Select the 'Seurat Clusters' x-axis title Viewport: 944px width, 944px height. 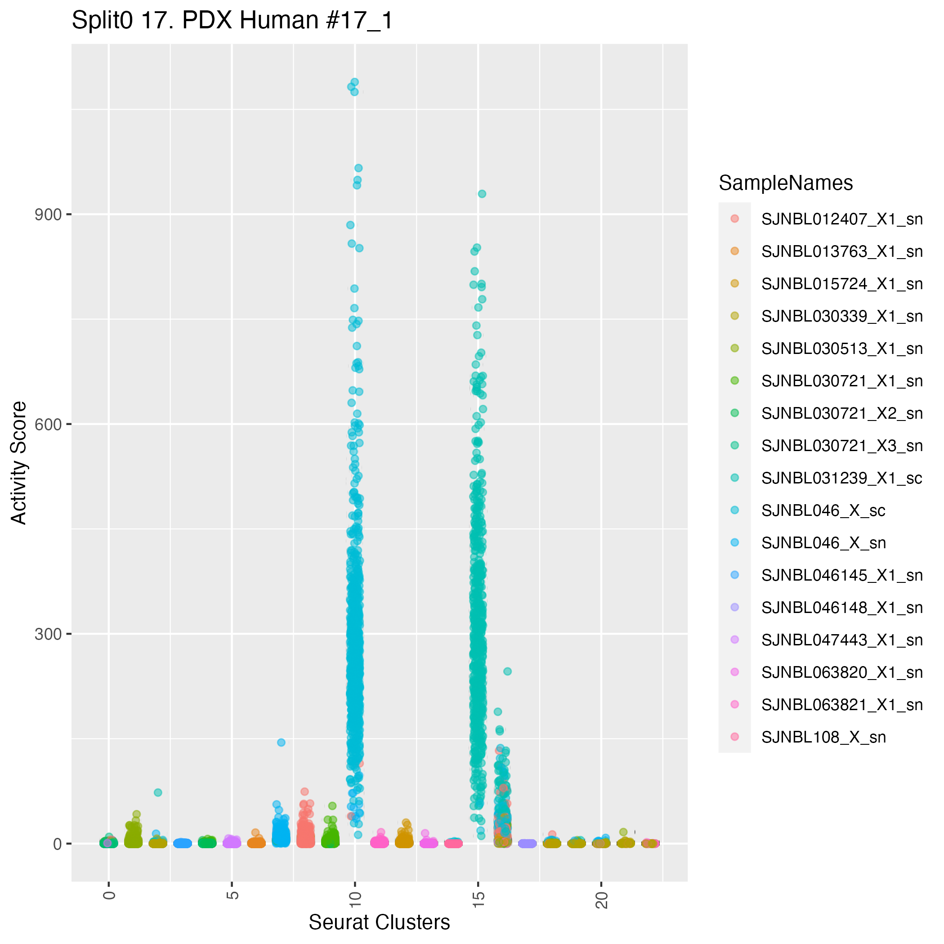[x=379, y=922]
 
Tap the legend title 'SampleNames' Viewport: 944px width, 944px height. [x=786, y=183]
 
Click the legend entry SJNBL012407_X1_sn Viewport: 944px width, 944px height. [x=842, y=219]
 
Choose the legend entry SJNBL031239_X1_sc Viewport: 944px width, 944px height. [x=842, y=478]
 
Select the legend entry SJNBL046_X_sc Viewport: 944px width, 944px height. [x=823, y=510]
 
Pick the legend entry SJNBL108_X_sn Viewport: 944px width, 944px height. [x=823, y=737]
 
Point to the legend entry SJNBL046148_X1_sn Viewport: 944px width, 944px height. [x=842, y=607]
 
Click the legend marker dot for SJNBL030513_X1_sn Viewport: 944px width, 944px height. [x=734, y=349]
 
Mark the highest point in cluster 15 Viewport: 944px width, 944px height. [x=482, y=194]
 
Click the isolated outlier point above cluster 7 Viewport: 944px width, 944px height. [x=281, y=742]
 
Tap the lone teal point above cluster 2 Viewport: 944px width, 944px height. [x=158, y=792]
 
